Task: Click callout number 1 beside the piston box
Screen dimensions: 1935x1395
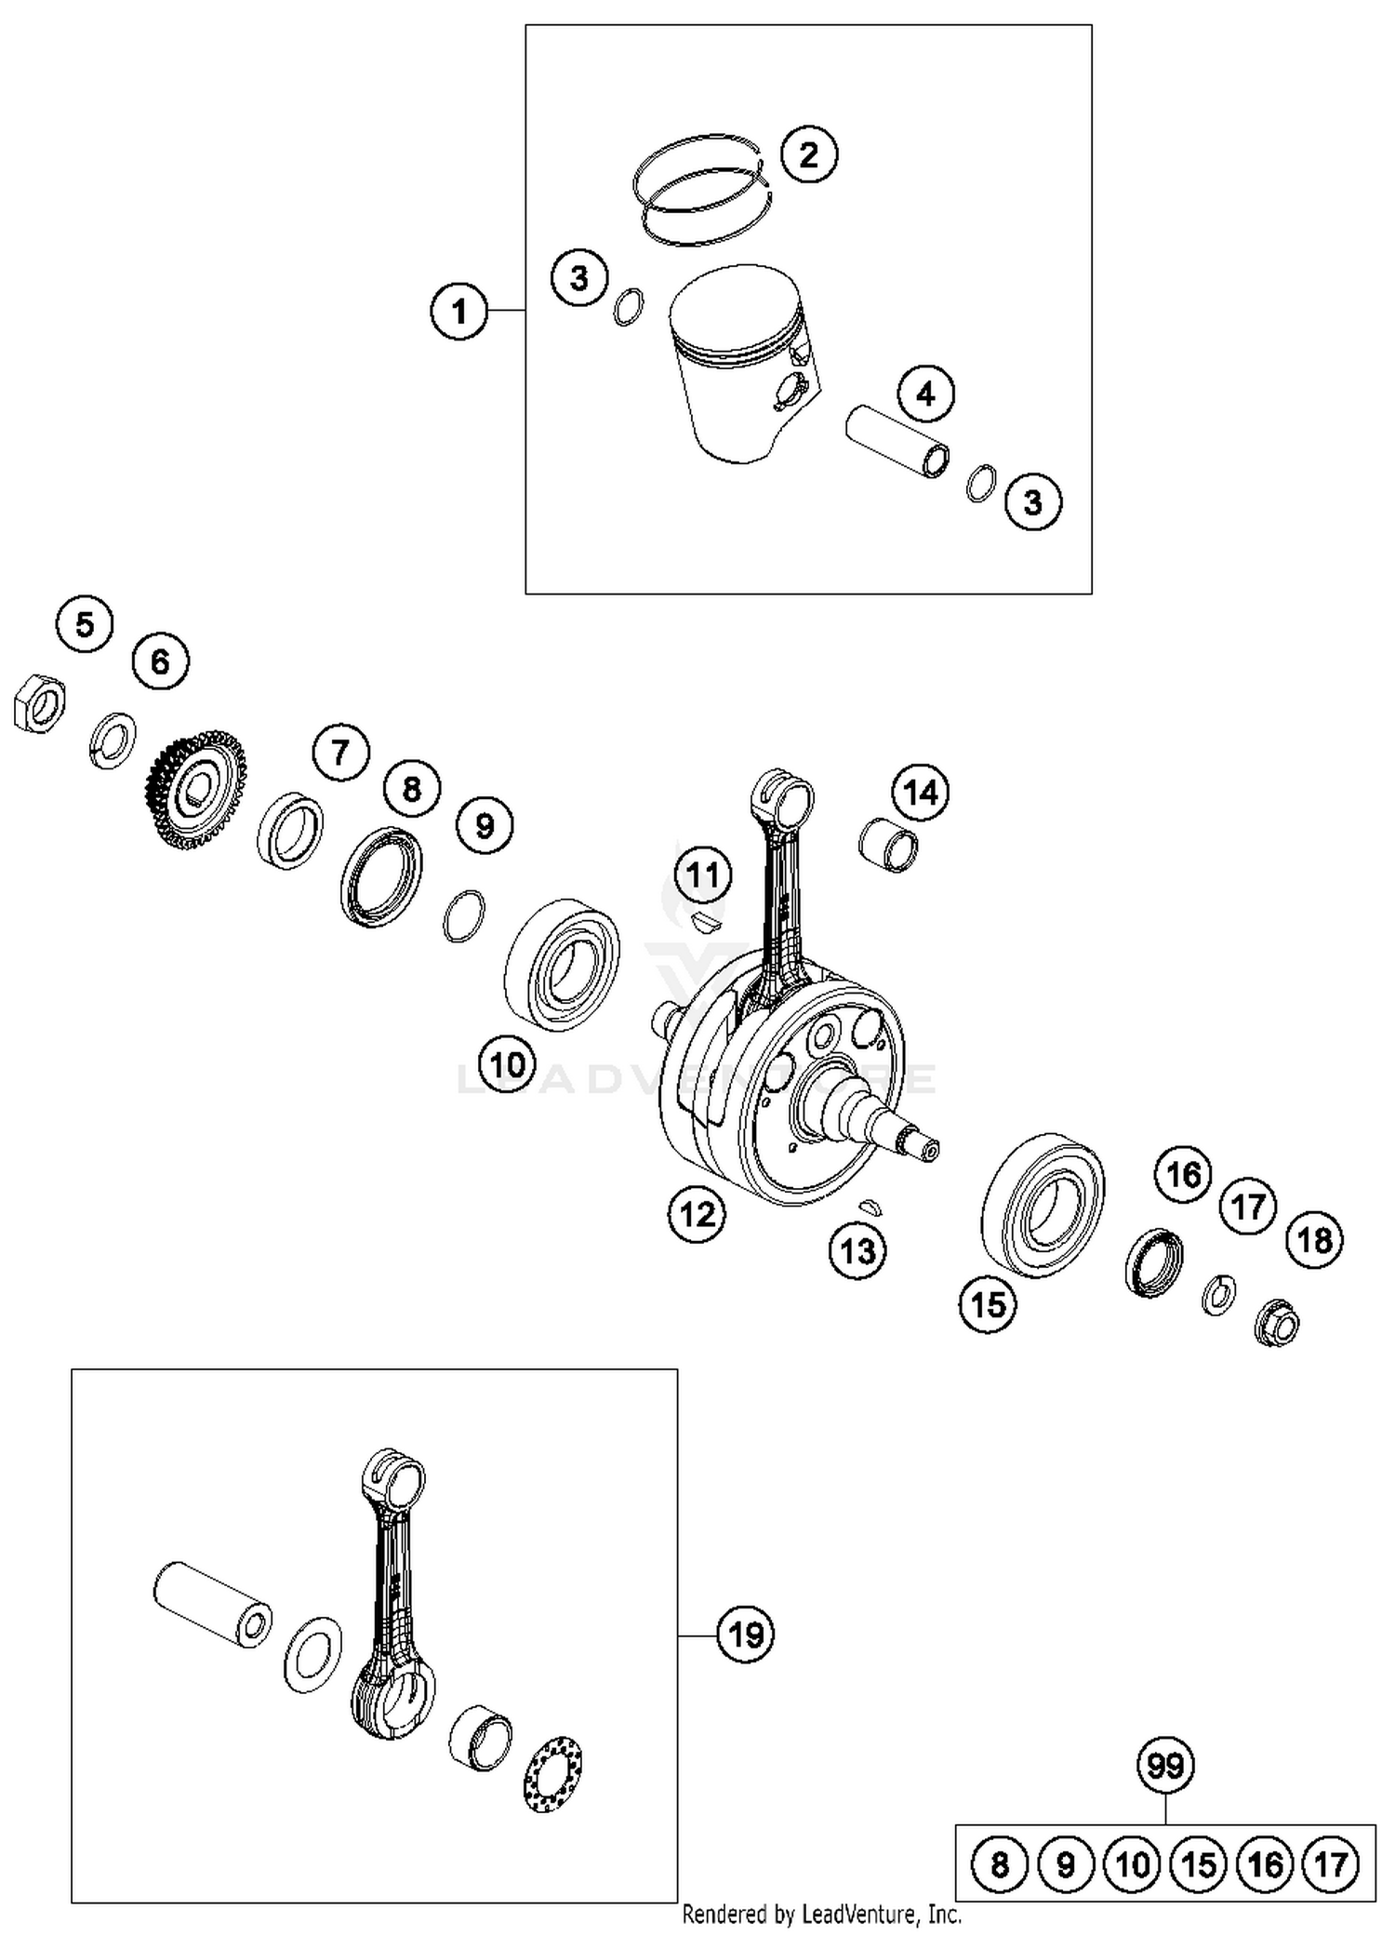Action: tap(458, 311)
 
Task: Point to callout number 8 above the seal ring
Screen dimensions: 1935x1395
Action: tap(412, 789)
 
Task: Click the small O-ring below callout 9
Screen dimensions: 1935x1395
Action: tap(463, 915)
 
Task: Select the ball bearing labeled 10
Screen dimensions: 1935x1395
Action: tap(562, 965)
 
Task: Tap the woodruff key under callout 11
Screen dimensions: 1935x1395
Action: tap(706, 923)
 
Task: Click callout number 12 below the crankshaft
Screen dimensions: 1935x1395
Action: tap(697, 1214)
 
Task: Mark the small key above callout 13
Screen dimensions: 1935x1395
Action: tap(871, 1207)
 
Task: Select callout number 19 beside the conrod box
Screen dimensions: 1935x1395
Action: tap(746, 1634)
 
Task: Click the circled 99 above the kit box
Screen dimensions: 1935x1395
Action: tap(1165, 1765)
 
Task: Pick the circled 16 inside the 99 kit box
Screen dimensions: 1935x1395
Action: tap(1265, 1864)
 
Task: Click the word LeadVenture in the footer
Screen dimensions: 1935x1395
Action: tap(865, 1915)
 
